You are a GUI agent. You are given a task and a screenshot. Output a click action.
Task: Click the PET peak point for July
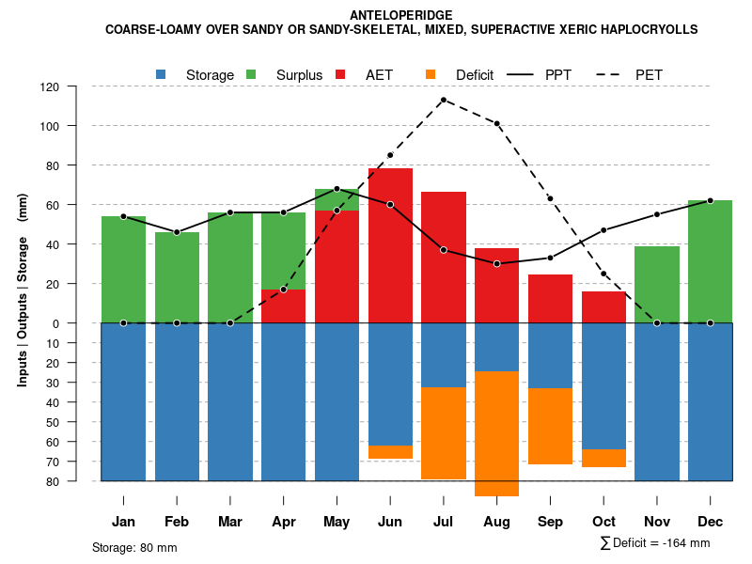pyautogui.click(x=443, y=100)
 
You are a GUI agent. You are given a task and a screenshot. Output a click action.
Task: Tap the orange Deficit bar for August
pyautogui.click(x=496, y=433)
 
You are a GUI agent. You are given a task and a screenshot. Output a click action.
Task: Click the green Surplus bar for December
pyautogui.click(x=710, y=261)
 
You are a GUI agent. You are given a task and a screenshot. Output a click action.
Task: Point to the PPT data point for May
pyautogui.click(x=337, y=189)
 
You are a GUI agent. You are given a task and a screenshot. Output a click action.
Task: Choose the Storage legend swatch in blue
pyautogui.click(x=161, y=74)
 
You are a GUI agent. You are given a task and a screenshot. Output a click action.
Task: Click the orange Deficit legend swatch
pyautogui.click(x=431, y=74)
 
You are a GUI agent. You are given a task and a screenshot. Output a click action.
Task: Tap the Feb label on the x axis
pyautogui.click(x=177, y=522)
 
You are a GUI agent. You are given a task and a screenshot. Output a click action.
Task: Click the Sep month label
pyautogui.click(x=550, y=522)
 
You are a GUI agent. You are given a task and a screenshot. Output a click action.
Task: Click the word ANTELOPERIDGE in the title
pyautogui.click(x=400, y=15)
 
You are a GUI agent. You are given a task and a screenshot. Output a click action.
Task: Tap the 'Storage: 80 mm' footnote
pyautogui.click(x=134, y=547)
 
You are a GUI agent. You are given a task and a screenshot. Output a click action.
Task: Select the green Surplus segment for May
pyautogui.click(x=337, y=199)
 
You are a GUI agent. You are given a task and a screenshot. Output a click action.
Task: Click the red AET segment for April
pyautogui.click(x=283, y=305)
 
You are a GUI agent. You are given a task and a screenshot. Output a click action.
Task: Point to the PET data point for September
pyautogui.click(x=550, y=198)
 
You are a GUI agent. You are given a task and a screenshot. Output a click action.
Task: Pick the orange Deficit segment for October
pyautogui.click(x=603, y=458)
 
